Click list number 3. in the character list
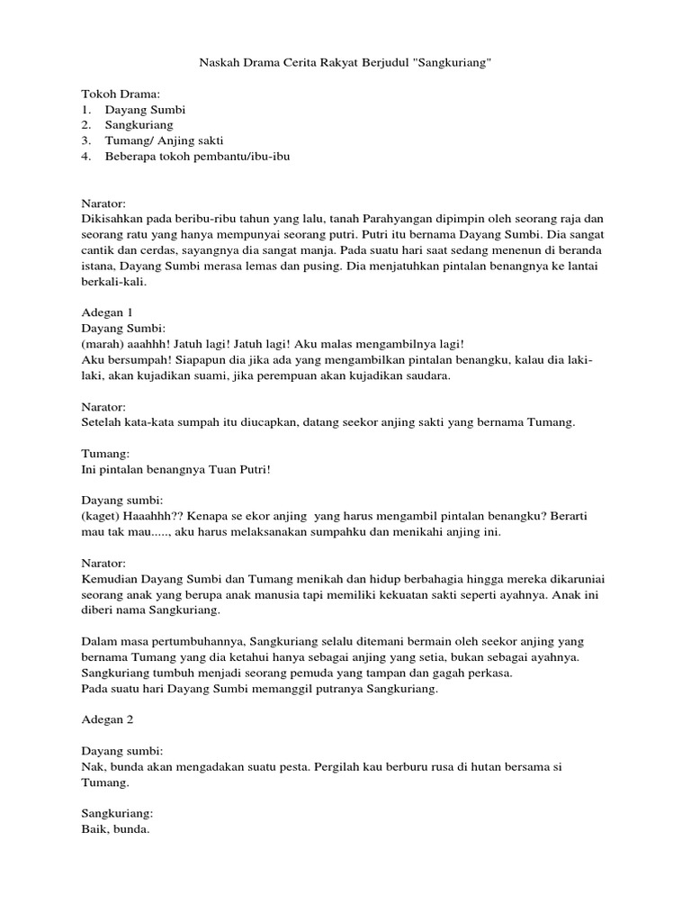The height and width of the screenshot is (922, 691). pos(87,140)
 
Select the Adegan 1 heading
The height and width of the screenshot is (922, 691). pos(106,312)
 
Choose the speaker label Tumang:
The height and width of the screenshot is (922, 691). pos(106,454)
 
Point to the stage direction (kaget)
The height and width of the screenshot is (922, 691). pos(102,517)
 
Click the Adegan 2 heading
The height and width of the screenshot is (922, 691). pos(106,719)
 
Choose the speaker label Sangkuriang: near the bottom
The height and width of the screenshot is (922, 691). pos(118,813)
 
